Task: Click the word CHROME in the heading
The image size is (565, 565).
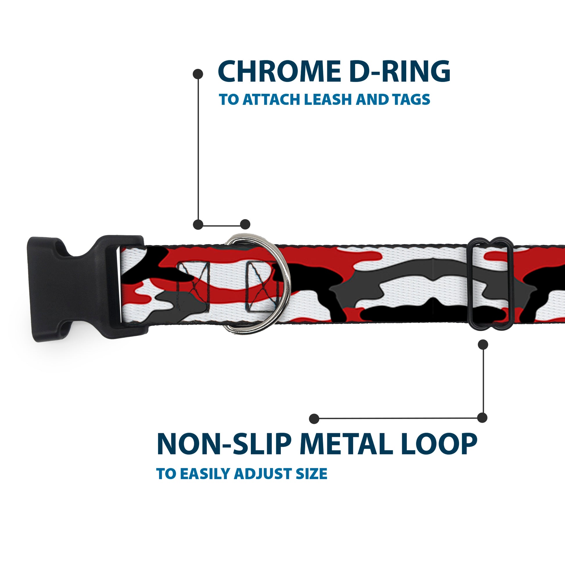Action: (279, 71)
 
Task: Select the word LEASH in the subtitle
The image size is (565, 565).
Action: (328, 99)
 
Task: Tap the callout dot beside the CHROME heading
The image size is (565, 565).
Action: (198, 74)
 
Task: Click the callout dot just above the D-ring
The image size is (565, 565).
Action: (245, 224)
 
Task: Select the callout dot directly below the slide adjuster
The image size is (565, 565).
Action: (483, 345)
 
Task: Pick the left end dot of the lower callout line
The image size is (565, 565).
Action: (314, 418)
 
